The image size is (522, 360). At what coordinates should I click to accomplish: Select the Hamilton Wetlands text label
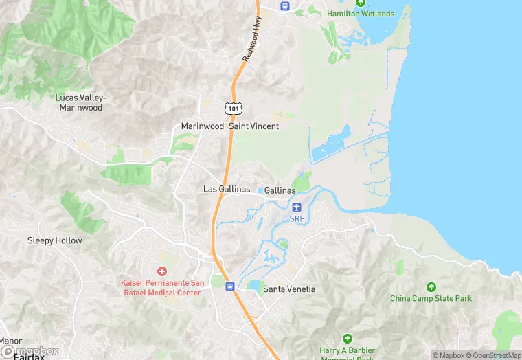click(361, 14)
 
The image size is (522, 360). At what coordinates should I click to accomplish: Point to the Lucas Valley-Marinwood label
click(80, 102)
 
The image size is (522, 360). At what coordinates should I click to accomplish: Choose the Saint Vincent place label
click(254, 126)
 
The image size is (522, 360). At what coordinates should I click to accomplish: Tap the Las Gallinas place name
click(227, 189)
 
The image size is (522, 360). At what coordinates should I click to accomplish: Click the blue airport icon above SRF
click(297, 207)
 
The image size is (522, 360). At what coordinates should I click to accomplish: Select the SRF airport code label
click(297, 219)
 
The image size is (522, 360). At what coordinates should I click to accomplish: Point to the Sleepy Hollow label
click(54, 240)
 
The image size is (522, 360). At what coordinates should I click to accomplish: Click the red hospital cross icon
click(162, 272)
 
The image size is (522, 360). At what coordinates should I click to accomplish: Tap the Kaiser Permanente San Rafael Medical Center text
click(161, 288)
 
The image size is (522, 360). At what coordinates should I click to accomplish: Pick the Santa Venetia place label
click(290, 289)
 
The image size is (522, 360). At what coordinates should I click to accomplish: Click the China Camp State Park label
click(431, 298)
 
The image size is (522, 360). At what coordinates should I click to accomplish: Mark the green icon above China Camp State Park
click(431, 286)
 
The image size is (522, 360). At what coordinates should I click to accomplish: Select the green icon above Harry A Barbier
click(348, 339)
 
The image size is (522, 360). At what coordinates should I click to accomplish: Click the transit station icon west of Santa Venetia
click(230, 286)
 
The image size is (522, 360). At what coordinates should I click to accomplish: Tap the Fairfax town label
click(30, 357)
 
